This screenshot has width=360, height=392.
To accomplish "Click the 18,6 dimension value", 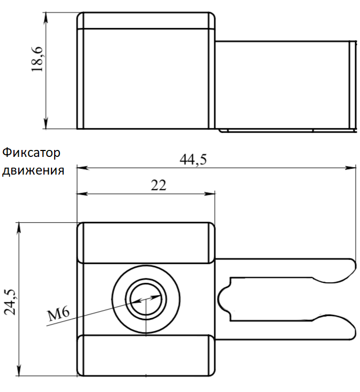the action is click(37, 59).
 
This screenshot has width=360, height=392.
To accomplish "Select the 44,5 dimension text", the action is click(193, 159).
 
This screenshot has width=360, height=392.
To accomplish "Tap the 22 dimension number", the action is click(159, 185).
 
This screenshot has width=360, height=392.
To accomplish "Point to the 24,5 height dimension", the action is click(11, 301).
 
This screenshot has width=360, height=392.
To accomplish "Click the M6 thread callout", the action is click(58, 313).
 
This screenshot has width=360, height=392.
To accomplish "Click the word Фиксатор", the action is click(31, 153).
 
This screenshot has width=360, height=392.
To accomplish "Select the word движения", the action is click(33, 171).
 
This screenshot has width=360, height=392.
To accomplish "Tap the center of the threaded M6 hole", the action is click(146, 299).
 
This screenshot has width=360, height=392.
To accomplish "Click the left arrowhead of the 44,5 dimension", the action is click(82, 168).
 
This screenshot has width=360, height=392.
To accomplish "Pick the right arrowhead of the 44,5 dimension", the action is click(350, 168).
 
